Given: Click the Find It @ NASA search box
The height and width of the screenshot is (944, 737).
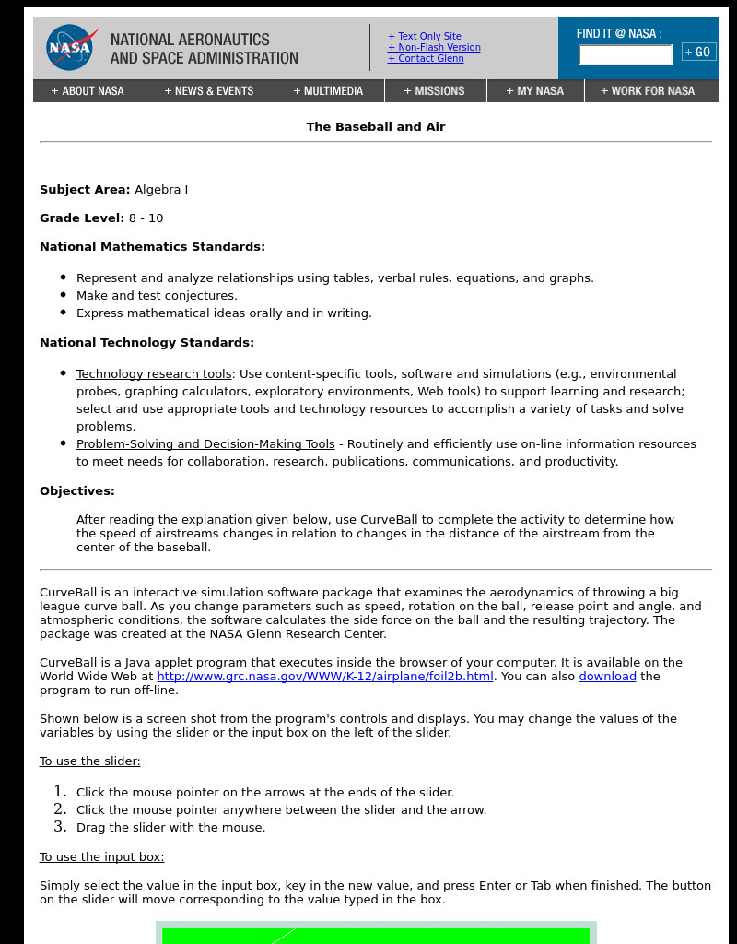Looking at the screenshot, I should coord(625,55).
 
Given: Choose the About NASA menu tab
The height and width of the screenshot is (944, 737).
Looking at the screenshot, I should coord(88,91).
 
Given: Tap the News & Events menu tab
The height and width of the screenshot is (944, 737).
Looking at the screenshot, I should coord(209,91).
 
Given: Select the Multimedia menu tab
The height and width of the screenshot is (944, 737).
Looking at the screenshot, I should coord(329,91).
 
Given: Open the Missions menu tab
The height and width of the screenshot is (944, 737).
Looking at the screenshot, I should coord(435,91).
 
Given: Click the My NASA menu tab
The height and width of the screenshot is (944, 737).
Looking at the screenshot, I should coord(535,91).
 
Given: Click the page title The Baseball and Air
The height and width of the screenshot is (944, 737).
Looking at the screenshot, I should coord(375,127).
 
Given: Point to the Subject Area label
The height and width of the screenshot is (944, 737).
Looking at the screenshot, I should coord(85,190).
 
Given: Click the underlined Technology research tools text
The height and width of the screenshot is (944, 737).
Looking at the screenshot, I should coord(154,374).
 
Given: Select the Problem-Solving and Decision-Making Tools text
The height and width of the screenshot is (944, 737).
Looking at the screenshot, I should coord(205,444).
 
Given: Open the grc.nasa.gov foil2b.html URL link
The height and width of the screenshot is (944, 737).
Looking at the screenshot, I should coord(325,677).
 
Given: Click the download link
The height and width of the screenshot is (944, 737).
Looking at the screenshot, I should coord(607,677).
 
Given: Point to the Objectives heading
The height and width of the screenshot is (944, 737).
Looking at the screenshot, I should coord(77,491).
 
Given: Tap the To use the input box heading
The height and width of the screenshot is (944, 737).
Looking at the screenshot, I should coord(101,857).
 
